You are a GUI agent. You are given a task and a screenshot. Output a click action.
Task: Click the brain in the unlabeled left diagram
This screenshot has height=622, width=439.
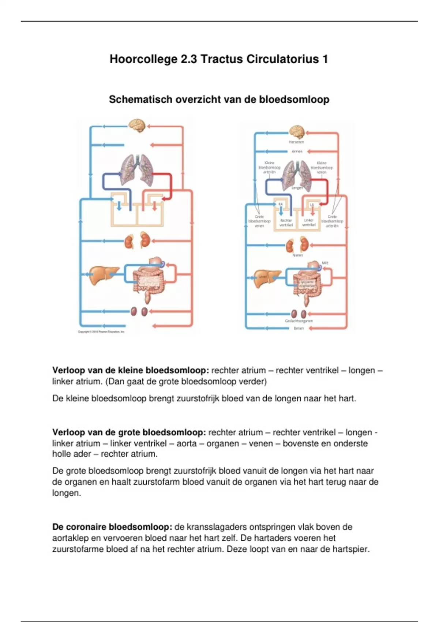[137, 125]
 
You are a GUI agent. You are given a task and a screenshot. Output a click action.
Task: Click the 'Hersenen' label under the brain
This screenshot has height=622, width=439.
[296, 142]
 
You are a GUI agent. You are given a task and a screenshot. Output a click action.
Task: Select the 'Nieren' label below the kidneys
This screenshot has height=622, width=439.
[298, 255]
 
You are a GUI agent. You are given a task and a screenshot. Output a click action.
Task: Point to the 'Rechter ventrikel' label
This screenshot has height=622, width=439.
[286, 223]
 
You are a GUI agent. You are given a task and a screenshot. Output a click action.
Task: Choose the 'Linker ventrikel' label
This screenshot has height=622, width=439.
[309, 223]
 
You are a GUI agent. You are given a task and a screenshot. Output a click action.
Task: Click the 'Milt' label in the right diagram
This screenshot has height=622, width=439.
[325, 263]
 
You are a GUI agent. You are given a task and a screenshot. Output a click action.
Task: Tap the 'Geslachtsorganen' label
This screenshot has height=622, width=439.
[299, 321]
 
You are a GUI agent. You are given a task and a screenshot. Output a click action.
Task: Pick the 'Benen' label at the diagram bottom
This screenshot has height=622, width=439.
[299, 328]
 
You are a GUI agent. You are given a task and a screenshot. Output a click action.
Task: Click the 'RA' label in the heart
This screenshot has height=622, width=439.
[281, 204]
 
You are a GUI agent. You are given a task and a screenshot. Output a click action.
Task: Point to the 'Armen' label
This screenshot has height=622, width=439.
[297, 151]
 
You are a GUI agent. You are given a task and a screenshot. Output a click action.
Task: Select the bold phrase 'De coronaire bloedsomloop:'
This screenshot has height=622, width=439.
[112, 527]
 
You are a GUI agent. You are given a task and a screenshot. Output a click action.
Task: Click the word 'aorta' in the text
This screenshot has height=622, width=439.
[187, 443]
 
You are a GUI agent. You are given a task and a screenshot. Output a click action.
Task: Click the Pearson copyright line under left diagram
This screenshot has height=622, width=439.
[101, 331]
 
